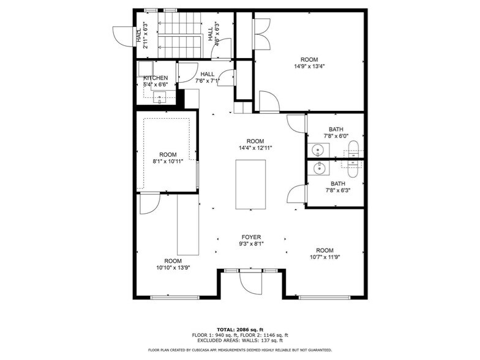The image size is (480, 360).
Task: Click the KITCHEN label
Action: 156,78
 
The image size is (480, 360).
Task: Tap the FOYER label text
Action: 251,237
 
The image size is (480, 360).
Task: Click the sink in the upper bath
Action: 318,149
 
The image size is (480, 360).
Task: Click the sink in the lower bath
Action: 318,168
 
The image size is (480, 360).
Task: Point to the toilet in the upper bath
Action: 354,147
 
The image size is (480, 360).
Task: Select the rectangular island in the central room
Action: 250,184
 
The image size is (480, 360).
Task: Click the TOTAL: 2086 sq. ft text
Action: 239,329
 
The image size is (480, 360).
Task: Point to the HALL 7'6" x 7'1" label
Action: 204,77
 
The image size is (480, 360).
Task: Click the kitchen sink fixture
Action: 160,96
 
